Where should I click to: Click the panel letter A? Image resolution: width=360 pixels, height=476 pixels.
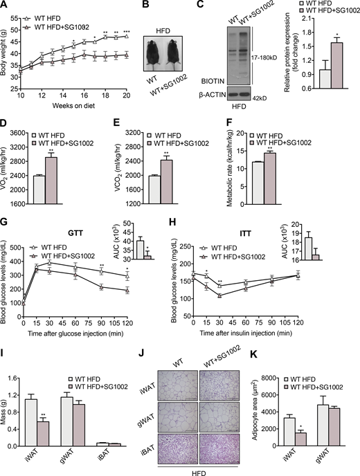tap(5, 5)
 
